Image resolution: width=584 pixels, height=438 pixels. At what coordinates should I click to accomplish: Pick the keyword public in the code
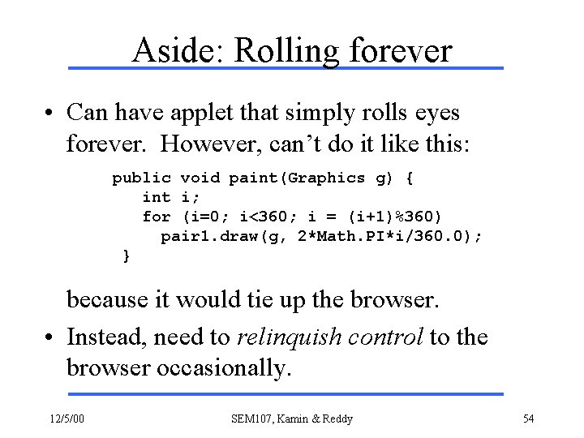(141, 178)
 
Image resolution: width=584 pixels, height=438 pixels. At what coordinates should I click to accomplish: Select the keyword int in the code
(156, 197)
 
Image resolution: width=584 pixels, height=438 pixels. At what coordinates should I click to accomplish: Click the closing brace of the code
(126, 256)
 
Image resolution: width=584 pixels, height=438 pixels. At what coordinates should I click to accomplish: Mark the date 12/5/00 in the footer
(71, 419)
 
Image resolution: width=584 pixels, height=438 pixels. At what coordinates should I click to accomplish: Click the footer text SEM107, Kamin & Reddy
(292, 419)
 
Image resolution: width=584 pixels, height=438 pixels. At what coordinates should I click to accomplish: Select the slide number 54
(528, 419)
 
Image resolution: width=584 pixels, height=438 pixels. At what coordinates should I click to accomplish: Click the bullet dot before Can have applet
(50, 111)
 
